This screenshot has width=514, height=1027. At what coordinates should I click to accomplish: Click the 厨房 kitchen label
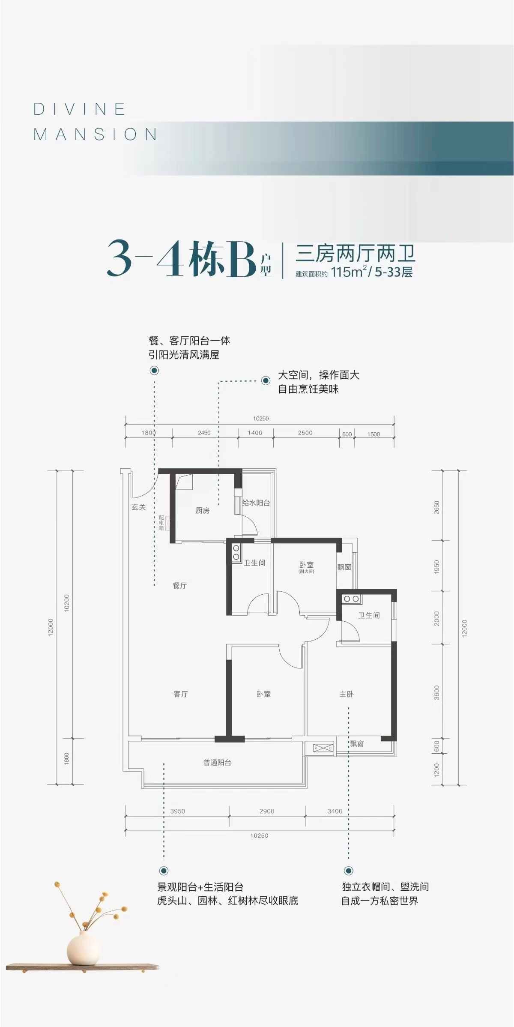pos(203,510)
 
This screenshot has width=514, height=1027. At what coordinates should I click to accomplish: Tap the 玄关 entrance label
pos(138,507)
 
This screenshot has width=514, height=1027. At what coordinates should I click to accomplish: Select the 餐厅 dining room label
pos(180,585)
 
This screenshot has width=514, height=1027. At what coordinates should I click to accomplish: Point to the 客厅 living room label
pos(181,694)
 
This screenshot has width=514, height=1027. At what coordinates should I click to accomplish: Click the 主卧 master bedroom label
pos(346,694)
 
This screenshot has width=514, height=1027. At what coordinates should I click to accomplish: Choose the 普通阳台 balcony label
pos(217,763)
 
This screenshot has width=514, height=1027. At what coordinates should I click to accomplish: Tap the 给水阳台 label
pos(256,503)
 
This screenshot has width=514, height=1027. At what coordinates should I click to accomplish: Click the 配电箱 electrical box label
pos(161,523)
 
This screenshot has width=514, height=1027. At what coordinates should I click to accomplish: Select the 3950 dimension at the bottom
pos(177,811)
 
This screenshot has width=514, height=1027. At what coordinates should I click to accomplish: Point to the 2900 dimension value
pos(267,811)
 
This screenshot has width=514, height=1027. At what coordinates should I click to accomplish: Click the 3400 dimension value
pos(335,811)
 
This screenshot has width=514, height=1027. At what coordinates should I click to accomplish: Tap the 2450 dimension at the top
pos(204,433)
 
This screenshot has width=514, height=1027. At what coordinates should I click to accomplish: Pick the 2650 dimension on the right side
pos(437,508)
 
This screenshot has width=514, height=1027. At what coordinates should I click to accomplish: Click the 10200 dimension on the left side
pos(66,603)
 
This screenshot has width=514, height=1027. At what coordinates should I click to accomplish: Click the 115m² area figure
pos(349,272)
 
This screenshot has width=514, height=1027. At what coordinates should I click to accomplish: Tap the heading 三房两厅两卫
pos(356,253)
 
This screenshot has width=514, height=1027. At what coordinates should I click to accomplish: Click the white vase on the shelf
pos(83,949)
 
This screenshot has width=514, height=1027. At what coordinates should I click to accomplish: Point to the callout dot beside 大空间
pos(266,380)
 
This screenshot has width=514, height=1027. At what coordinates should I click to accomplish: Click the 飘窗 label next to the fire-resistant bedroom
pos(344,567)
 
